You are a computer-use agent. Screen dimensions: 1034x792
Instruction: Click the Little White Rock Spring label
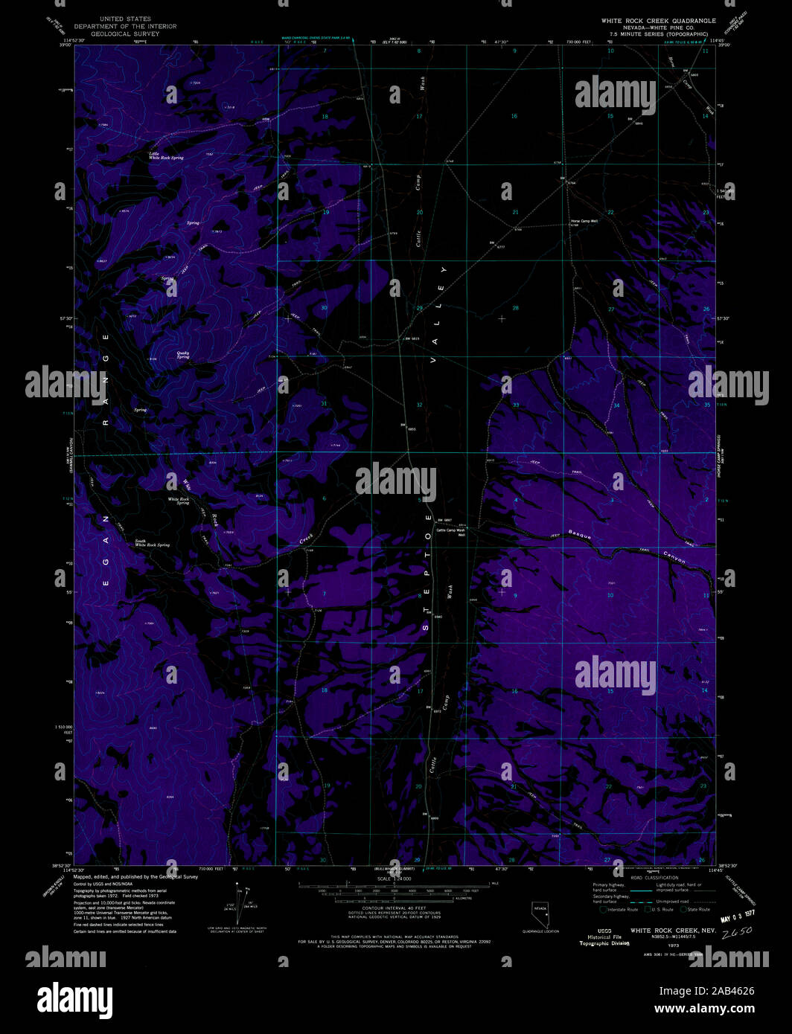pyautogui.click(x=165, y=156)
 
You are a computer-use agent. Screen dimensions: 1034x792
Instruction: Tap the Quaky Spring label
pyautogui.click(x=182, y=355)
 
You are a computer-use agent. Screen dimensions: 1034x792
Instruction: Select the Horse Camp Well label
pyautogui.click(x=584, y=221)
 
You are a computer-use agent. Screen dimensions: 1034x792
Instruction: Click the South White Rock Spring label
pyautogui.click(x=152, y=543)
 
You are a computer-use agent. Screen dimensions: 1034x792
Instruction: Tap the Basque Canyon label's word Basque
pyautogui.click(x=580, y=533)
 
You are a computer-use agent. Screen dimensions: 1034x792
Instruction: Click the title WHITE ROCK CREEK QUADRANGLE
pyautogui.click(x=658, y=21)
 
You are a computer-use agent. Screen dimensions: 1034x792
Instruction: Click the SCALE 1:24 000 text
pyautogui.click(x=394, y=879)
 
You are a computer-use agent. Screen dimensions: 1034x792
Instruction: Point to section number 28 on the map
pyautogui.click(x=514, y=308)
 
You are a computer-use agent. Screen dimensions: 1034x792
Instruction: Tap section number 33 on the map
pyautogui.click(x=515, y=405)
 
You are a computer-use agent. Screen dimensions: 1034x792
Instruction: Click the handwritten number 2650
pyautogui.click(x=738, y=931)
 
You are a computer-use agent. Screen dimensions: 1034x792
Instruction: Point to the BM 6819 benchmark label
pyautogui.click(x=412, y=338)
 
